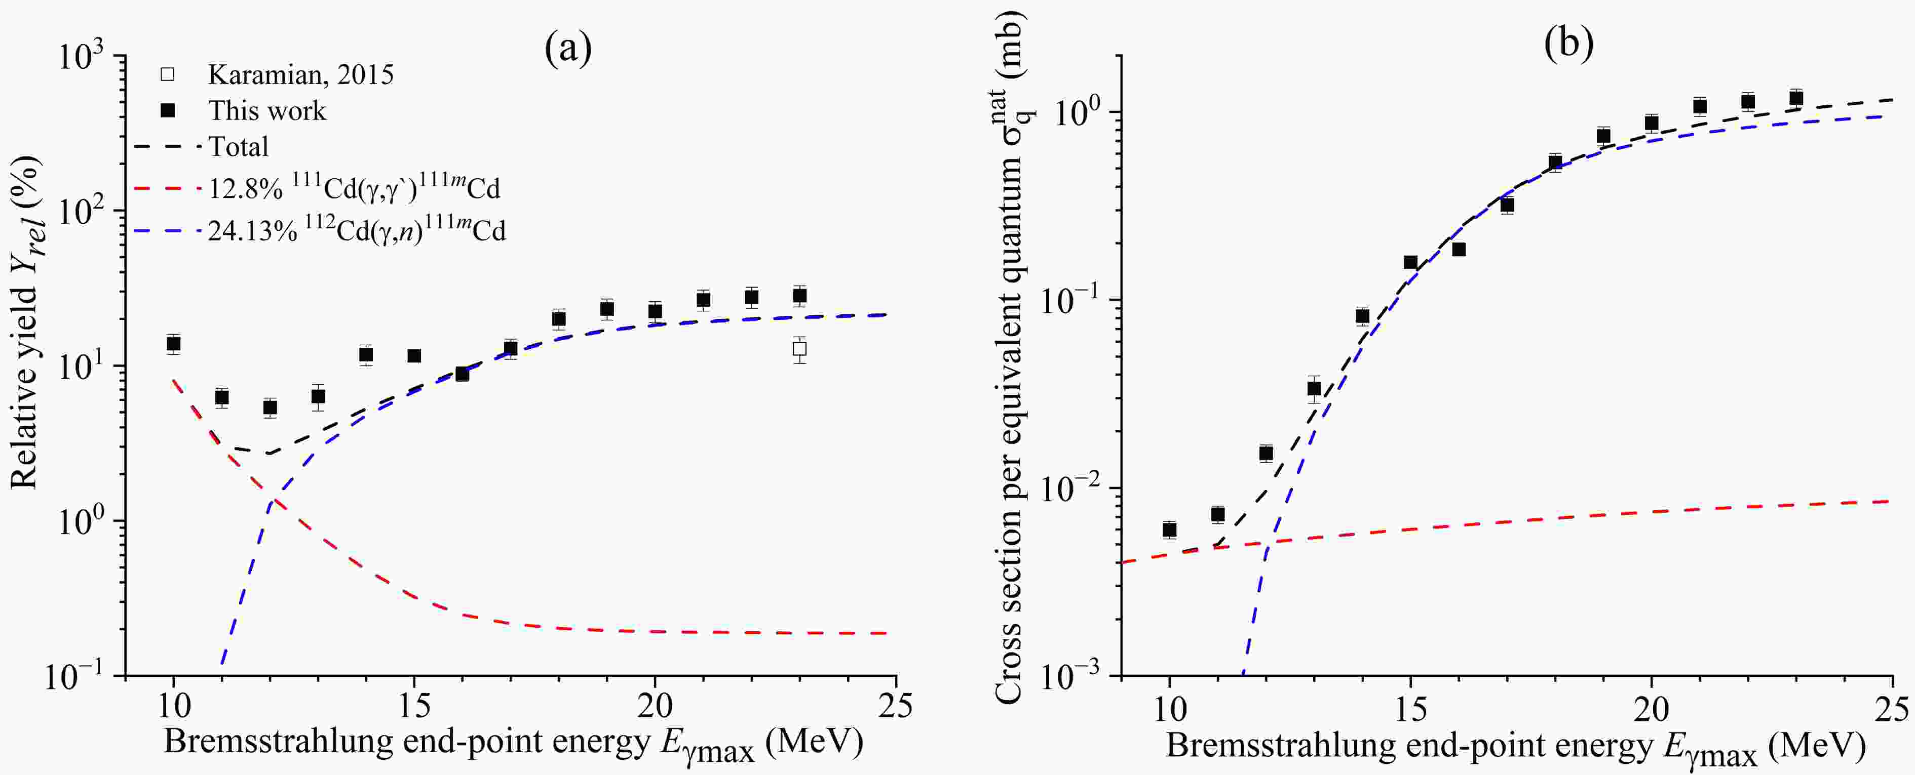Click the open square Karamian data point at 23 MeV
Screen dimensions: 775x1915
coord(799,348)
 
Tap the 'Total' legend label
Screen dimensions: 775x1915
coord(238,146)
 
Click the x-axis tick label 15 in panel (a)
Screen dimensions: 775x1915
coord(414,707)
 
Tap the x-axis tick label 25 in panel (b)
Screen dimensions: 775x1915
coord(1891,710)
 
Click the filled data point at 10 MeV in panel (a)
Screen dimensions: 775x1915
coord(174,343)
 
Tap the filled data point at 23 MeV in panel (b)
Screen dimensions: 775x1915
coord(1796,98)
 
